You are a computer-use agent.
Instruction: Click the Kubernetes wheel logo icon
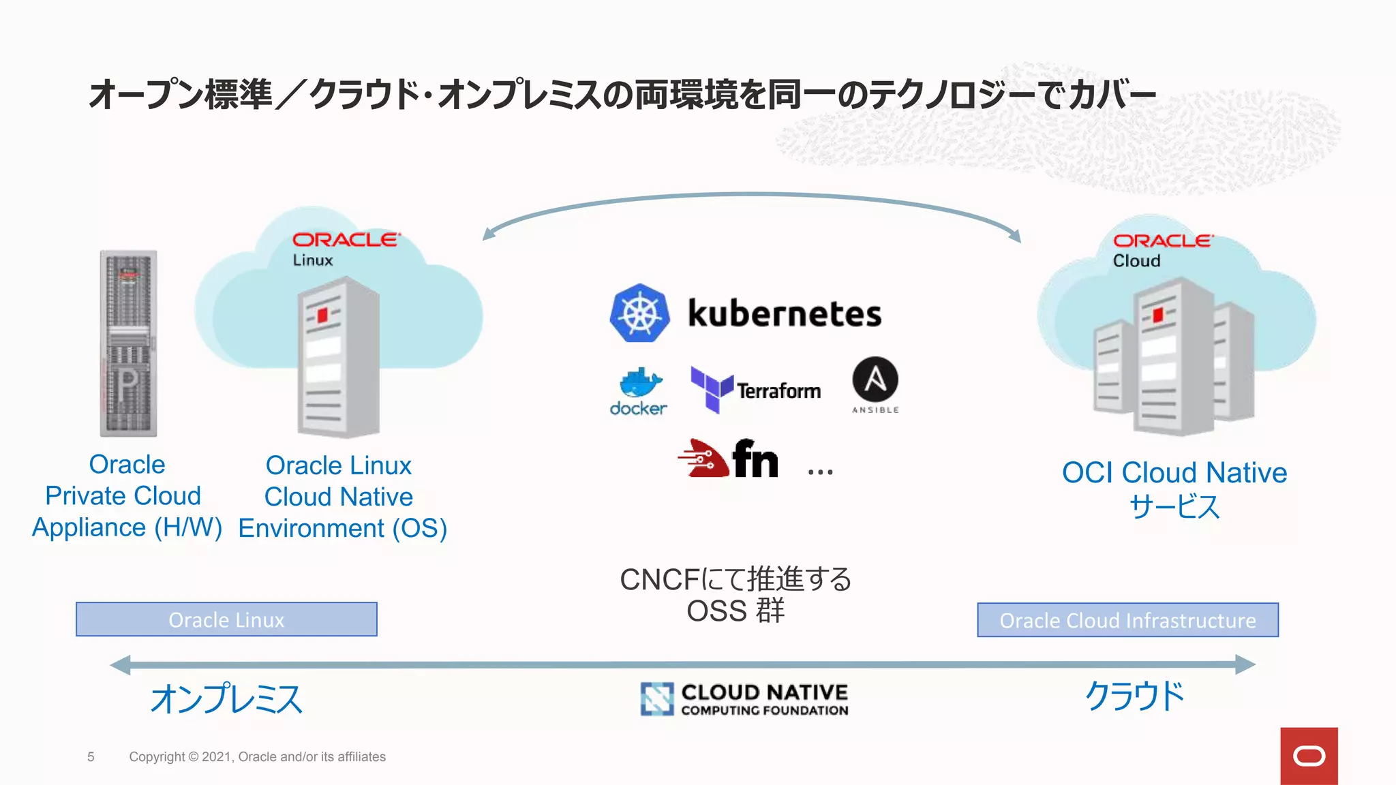[639, 313]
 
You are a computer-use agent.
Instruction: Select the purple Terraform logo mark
[712, 389]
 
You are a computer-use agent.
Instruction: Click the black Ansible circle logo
[875, 380]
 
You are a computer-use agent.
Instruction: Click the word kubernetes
[785, 314]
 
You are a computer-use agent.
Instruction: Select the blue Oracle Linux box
[226, 619]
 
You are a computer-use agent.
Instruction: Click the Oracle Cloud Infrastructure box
[1127, 620]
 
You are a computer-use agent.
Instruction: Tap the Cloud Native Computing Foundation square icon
[657, 699]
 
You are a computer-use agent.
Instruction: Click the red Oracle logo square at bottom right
[1309, 756]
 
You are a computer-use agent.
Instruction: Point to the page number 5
[91, 757]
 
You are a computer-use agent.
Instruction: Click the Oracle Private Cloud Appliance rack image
[128, 343]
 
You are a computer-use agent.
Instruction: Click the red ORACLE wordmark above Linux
[346, 240]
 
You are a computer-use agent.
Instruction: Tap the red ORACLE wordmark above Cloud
[1163, 241]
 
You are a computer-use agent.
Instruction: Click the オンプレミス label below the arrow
[226, 699]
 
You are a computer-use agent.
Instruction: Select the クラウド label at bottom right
[1134, 696]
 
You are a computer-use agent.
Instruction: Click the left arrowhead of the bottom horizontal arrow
[120, 664]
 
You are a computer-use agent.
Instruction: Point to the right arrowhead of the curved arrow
[1016, 236]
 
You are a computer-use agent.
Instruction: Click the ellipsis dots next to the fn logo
[820, 472]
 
